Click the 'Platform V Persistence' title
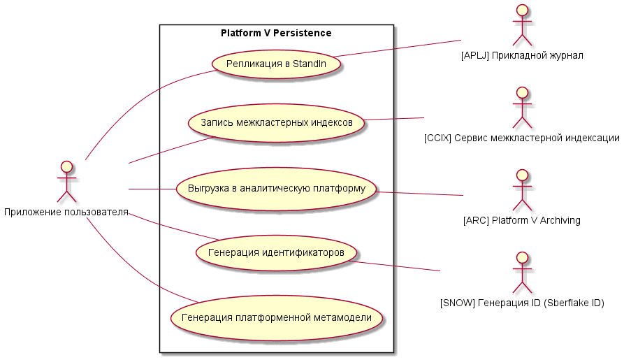pyautogui.click(x=276, y=33)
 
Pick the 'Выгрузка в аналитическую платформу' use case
pyautogui.click(x=276, y=189)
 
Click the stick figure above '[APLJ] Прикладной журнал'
pyautogui.click(x=521, y=24)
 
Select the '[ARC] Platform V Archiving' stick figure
pyautogui.click(x=521, y=189)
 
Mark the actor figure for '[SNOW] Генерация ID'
pyautogui.click(x=521, y=272)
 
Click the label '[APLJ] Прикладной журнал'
pyautogui.click(x=522, y=55)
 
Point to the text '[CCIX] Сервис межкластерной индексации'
pyautogui.click(x=521, y=138)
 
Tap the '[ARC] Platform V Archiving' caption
pyautogui.click(x=521, y=221)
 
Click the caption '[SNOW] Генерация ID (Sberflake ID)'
pyautogui.click(x=521, y=303)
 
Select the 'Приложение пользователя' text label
pyautogui.click(x=66, y=212)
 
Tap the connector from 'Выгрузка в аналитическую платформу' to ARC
pyautogui.click(x=419, y=193)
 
